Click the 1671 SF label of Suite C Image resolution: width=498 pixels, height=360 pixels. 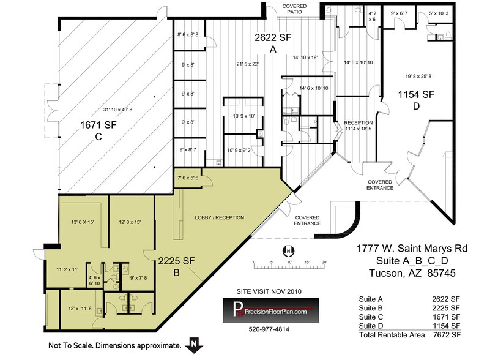coord(98,126)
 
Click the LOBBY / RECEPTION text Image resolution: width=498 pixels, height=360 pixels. coord(219,217)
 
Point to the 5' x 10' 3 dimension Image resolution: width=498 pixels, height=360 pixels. coord(439,13)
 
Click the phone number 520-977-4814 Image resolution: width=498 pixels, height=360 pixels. coord(269,329)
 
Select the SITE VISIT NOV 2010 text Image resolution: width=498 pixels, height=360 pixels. coord(267,291)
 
